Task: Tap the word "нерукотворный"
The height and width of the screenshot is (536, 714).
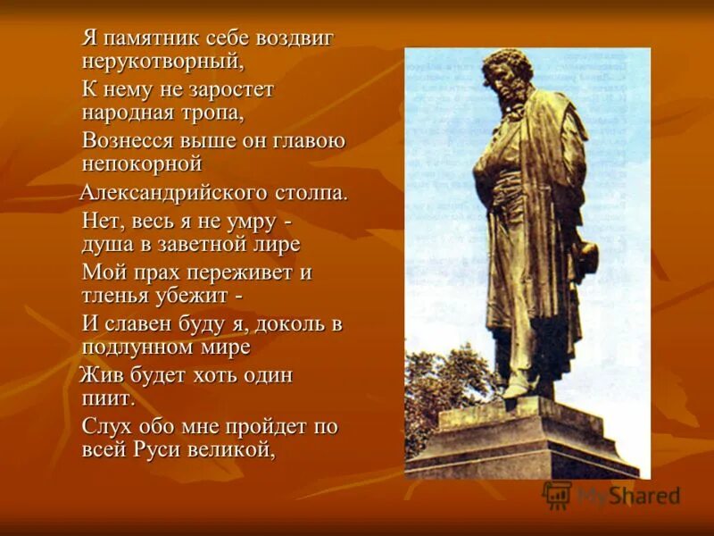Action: pos(162,63)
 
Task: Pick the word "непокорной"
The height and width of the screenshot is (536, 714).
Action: pos(142,164)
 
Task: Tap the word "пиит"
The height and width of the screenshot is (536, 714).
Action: pos(106,398)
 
